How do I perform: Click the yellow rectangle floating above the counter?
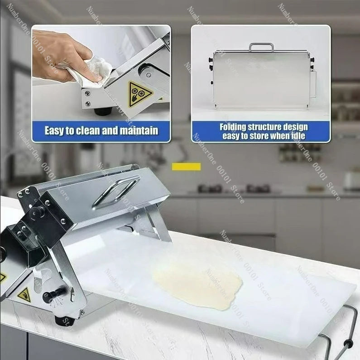(x=186, y=167)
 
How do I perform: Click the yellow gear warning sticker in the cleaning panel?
(x=139, y=94)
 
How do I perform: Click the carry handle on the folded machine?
(x=261, y=47)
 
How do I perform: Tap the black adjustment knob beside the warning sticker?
(x=48, y=297)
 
